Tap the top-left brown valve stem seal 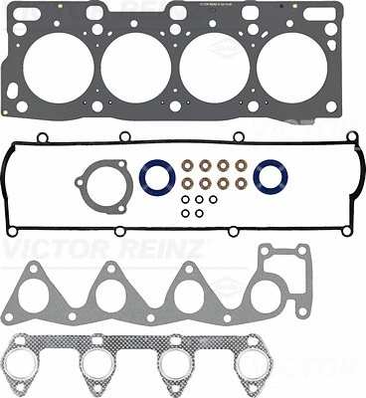pyautogui.click(x=187, y=165)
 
